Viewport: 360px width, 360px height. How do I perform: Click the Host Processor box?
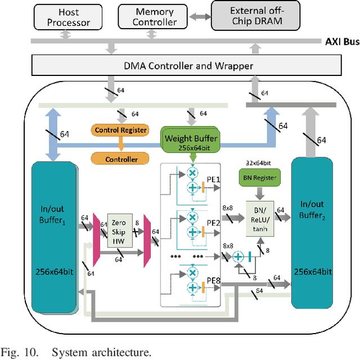69,17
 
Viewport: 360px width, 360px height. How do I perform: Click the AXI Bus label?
341,42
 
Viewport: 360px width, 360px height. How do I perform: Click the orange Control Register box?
121,130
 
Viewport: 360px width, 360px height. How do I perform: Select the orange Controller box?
121,159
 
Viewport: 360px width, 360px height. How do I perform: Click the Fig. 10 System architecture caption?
76,353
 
